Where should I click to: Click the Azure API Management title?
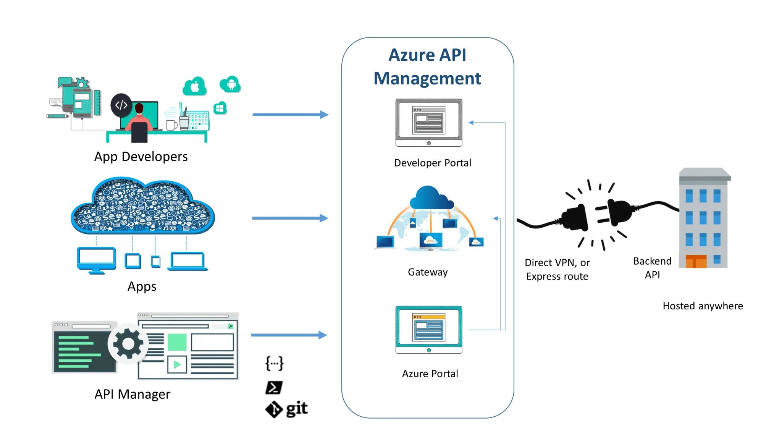[427, 66]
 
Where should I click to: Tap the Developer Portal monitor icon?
[429, 122]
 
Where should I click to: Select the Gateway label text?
[428, 272]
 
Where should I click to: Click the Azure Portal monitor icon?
[429, 330]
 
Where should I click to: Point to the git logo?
[287, 409]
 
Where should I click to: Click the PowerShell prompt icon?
[274, 388]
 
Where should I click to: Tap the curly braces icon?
[275, 363]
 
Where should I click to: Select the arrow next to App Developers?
[290, 115]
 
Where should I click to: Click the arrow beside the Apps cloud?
[290, 218]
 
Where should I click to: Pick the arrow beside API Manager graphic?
[289, 335]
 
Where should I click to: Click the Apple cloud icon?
[195, 87]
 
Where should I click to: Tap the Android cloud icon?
[230, 84]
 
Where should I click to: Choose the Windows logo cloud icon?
[220, 108]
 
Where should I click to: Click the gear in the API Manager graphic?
[128, 344]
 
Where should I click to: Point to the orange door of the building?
[696, 262]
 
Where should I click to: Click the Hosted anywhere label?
[703, 306]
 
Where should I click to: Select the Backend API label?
[652, 268]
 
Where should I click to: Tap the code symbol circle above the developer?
[121, 105]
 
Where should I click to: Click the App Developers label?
[141, 157]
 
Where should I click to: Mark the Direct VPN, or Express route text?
[557, 269]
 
